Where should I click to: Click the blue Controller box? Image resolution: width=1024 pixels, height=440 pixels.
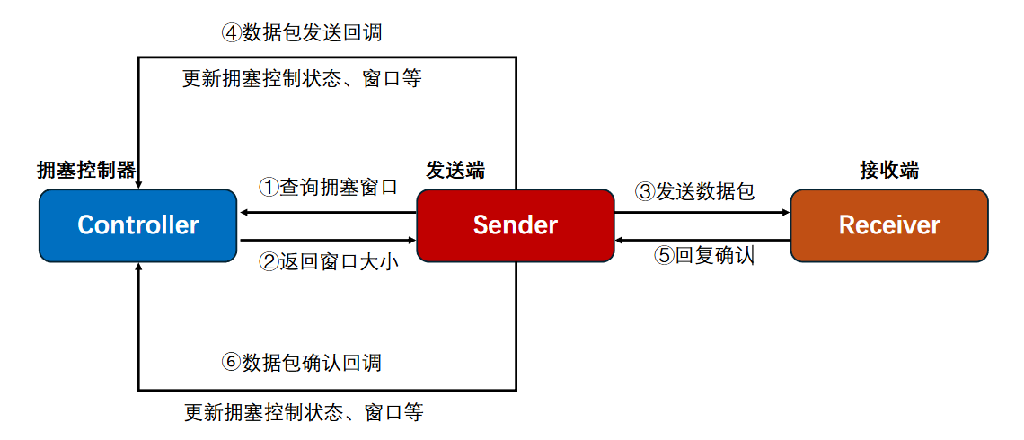coord(137,224)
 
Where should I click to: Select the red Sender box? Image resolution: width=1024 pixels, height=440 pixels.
coord(515,224)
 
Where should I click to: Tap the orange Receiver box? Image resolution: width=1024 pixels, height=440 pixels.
coord(888,224)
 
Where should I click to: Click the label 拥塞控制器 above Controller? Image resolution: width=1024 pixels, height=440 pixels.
coord(86,170)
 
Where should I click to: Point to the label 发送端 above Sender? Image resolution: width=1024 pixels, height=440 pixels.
coord(455,170)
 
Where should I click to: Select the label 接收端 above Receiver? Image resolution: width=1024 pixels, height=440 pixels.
coord(889,170)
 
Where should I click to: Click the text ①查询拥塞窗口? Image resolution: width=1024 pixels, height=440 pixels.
coord(328,188)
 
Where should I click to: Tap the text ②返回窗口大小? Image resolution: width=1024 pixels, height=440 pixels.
coord(328,262)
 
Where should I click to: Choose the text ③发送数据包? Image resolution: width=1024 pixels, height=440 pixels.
coord(694,190)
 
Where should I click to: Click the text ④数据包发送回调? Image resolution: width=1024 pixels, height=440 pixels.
coord(302,32)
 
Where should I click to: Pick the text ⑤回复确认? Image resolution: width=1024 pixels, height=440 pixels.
coord(704,255)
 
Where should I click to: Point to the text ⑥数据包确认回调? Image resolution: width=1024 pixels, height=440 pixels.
coord(302,362)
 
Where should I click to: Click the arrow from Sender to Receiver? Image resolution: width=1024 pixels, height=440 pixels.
coord(702,213)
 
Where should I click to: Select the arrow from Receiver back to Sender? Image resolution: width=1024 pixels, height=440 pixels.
coord(702,240)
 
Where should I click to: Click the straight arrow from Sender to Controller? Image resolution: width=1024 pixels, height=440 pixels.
coord(328,213)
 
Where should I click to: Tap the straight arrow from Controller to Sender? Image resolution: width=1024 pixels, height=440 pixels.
coord(328,240)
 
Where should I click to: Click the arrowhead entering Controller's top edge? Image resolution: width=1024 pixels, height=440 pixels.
coord(138,182)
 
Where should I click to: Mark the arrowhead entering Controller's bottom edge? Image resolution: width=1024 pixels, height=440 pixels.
coord(138,268)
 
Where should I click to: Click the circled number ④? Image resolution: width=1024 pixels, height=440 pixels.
coord(231,32)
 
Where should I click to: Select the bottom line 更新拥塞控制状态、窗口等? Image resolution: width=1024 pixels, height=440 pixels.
coord(304,413)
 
